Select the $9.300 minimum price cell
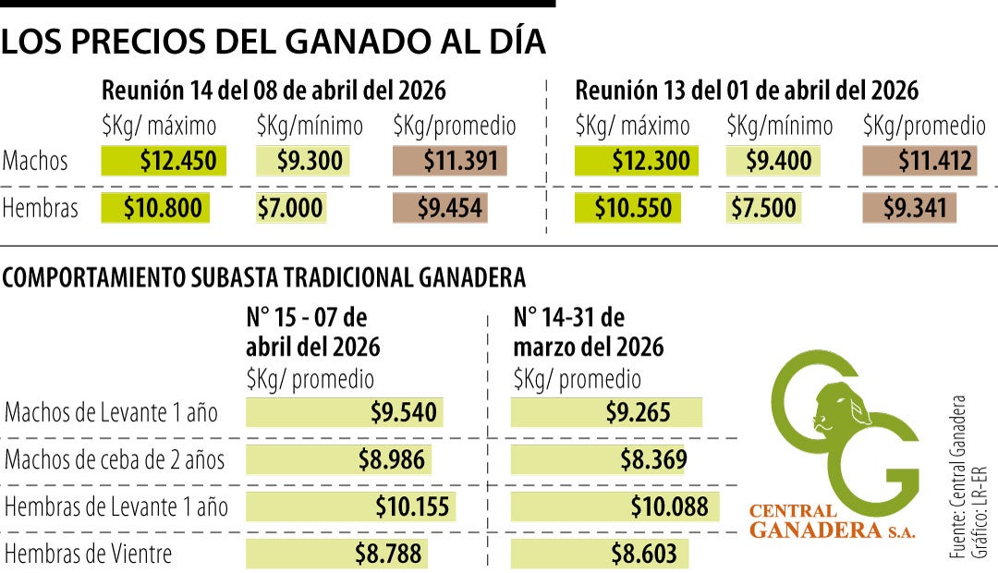301,162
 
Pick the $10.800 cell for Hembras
156,208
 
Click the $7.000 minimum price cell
290,208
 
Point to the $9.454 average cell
439,208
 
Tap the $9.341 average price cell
908,208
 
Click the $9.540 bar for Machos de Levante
342,412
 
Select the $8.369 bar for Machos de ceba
600,459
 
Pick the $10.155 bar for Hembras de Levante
350,506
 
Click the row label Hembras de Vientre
89,555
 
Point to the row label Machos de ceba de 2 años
115,459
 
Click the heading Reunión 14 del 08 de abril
274,91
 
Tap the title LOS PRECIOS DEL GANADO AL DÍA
274,43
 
